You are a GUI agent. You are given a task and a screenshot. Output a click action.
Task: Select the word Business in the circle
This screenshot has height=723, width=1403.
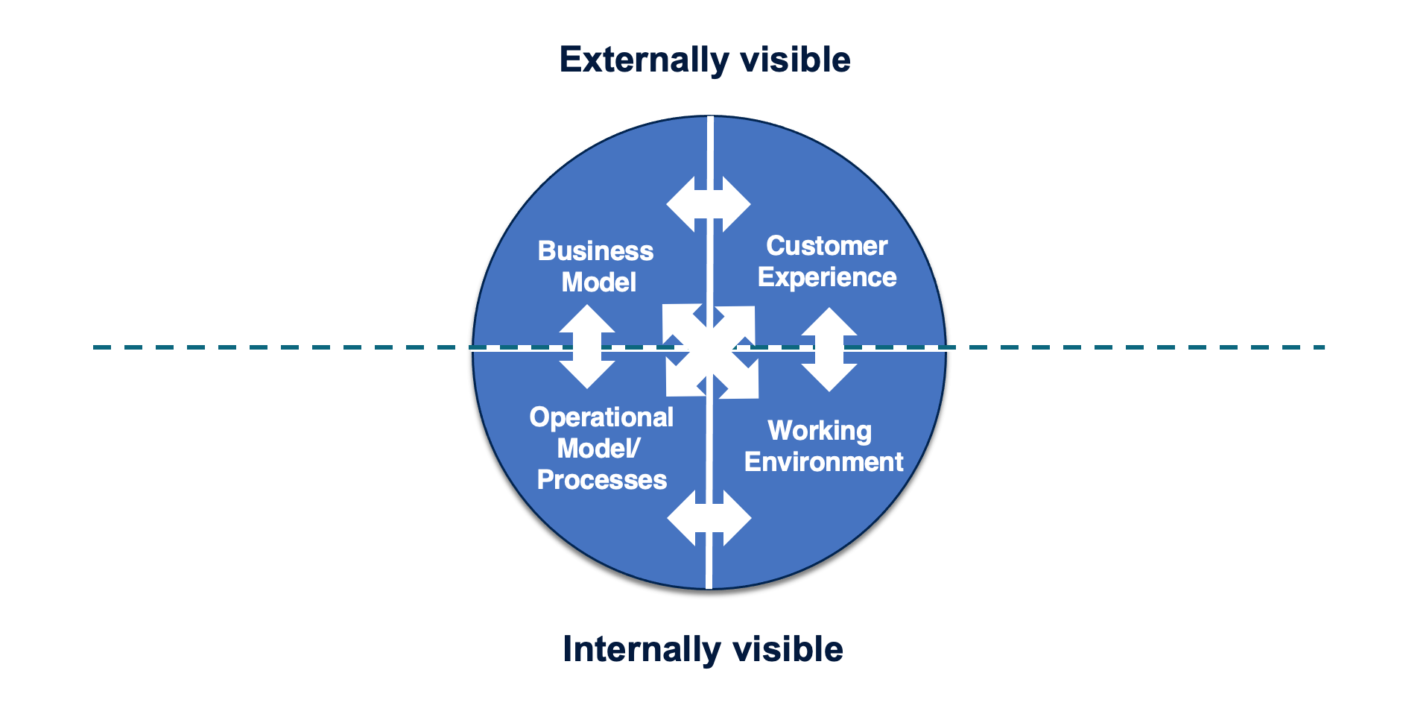point(595,251)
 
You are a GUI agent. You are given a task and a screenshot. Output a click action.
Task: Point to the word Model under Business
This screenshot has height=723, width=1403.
point(598,282)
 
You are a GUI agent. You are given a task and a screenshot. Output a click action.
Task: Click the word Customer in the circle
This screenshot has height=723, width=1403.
point(826,246)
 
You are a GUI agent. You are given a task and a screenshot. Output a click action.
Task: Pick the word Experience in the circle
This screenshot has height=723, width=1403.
point(827,277)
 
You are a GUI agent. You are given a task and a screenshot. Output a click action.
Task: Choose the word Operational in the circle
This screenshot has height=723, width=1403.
point(601,417)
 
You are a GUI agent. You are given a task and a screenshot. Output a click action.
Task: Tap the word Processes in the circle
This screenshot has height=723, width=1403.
point(601,480)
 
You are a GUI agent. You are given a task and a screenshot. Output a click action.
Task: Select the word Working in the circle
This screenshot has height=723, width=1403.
point(820,431)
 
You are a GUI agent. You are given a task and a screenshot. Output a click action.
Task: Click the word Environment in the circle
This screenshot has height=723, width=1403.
point(823,462)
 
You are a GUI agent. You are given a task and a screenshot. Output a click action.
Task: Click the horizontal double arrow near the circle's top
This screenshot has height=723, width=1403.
point(708,204)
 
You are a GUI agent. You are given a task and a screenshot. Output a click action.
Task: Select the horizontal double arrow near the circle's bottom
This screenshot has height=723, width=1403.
point(709,518)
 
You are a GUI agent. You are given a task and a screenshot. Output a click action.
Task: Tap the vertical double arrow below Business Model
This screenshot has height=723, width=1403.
point(587,347)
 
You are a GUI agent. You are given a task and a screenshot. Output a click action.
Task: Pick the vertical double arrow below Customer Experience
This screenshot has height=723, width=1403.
point(829,350)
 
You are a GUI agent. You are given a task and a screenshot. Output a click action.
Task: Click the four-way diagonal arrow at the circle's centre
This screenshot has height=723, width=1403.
point(711,350)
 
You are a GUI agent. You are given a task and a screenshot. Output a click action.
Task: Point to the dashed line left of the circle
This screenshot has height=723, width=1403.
point(283,347)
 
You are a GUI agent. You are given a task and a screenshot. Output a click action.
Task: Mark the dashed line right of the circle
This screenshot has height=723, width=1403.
point(1133,347)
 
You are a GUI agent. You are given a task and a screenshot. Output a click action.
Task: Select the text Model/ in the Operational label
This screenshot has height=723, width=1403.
point(598,449)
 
